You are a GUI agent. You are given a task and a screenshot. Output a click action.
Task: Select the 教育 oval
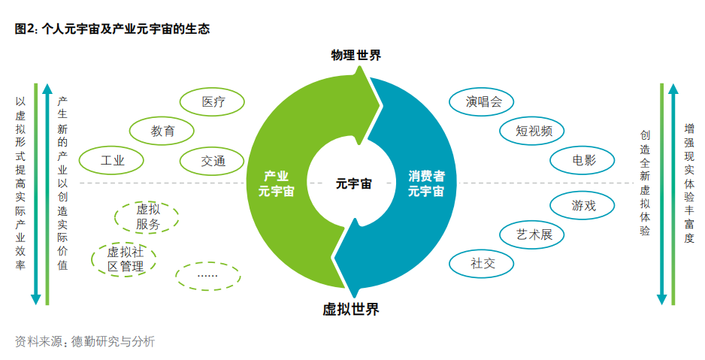[162, 131]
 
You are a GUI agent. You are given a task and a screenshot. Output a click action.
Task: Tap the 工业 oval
[112, 160]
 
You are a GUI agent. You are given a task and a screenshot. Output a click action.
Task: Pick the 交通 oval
[213, 160]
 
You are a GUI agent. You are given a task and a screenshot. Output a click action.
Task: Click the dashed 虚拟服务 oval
[147, 216]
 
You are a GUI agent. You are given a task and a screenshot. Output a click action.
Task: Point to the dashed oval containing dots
[207, 276]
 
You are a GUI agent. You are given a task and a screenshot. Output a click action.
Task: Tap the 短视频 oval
[534, 131]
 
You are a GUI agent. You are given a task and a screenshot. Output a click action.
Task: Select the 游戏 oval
[583, 204]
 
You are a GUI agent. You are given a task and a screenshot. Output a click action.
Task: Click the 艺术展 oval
[534, 234]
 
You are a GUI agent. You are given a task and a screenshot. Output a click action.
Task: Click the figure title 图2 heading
[112, 29]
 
